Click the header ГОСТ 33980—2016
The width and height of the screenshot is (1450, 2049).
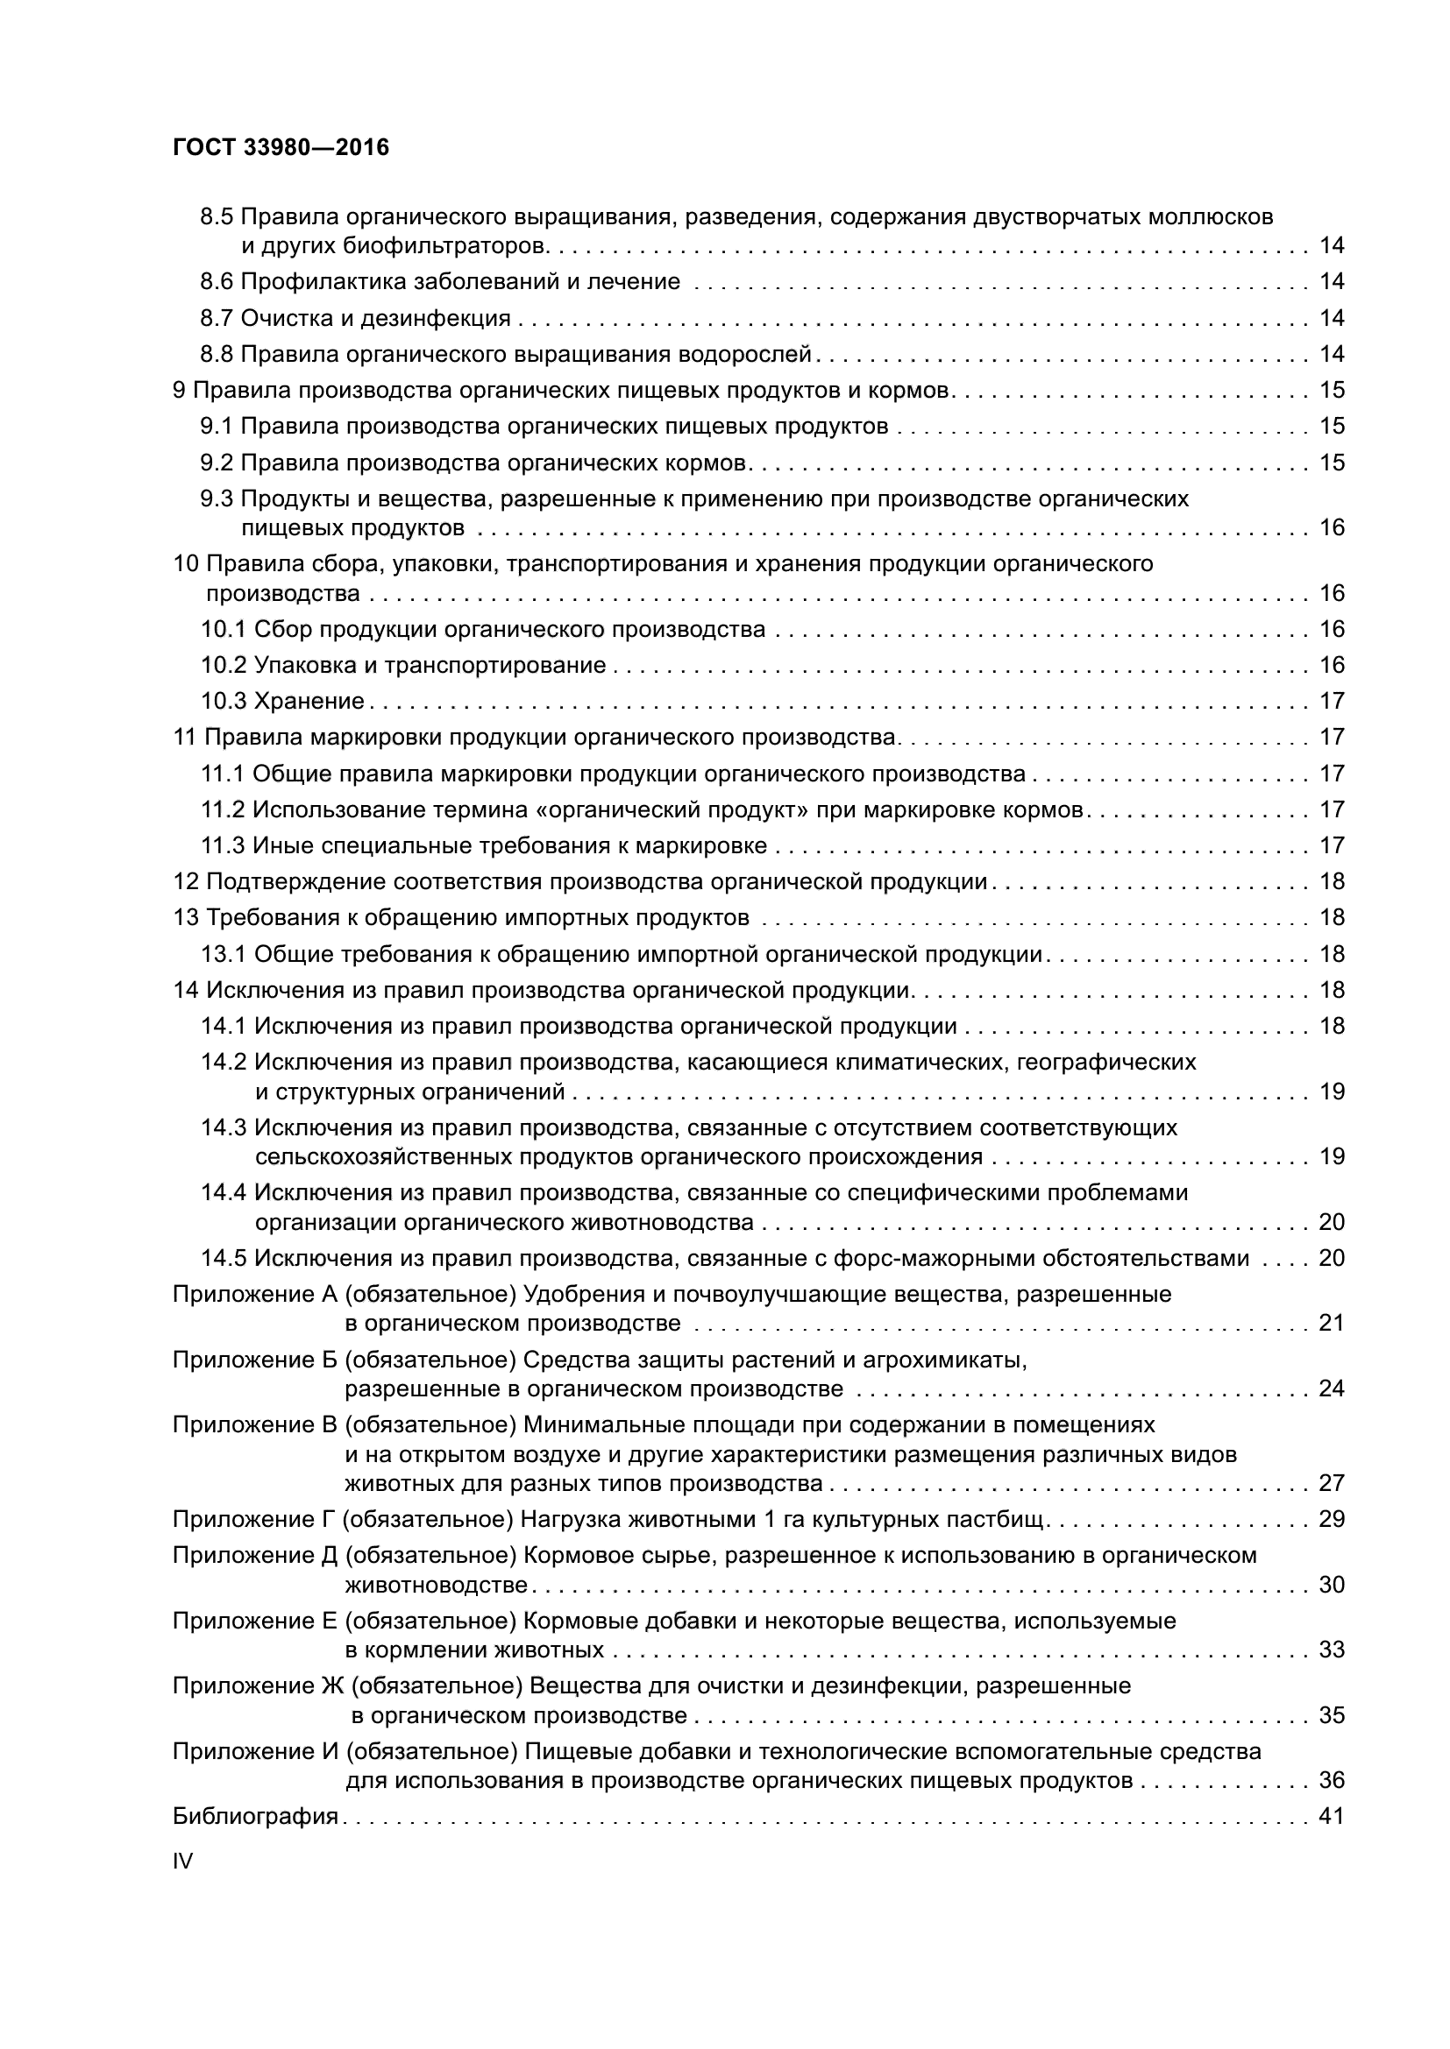(x=281, y=147)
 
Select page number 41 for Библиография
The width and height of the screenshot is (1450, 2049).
(x=1332, y=1816)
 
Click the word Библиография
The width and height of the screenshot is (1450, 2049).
(x=255, y=1816)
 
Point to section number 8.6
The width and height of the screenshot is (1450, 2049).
(x=216, y=282)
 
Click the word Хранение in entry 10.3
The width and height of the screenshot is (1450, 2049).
(x=309, y=702)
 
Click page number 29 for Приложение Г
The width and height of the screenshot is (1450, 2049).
(x=1332, y=1519)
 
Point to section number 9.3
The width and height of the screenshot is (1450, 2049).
(x=216, y=498)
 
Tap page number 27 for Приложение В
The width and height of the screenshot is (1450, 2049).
(x=1332, y=1483)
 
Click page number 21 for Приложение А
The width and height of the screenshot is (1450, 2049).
(x=1332, y=1323)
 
